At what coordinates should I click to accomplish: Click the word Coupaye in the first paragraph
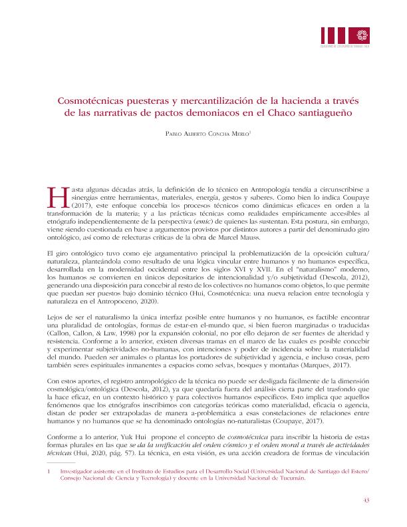(354, 198)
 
